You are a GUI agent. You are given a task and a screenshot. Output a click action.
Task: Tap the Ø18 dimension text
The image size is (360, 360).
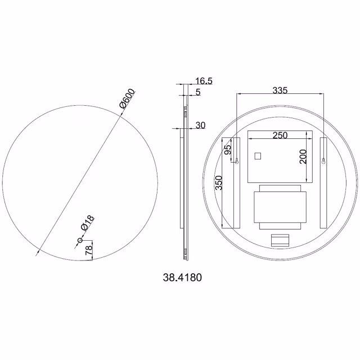[89, 223]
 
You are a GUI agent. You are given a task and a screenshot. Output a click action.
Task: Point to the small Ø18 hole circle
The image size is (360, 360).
[80, 241]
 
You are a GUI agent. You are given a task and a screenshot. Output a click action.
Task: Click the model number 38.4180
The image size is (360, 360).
[181, 277]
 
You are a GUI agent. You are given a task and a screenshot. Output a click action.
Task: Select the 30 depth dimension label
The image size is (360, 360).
[200, 125]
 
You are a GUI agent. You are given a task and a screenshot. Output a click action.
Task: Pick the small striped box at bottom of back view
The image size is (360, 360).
[279, 241]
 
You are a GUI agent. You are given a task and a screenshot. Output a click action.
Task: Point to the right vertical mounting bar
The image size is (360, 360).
[324, 183]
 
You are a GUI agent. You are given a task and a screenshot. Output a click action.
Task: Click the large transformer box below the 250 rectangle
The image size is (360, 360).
[280, 207]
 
